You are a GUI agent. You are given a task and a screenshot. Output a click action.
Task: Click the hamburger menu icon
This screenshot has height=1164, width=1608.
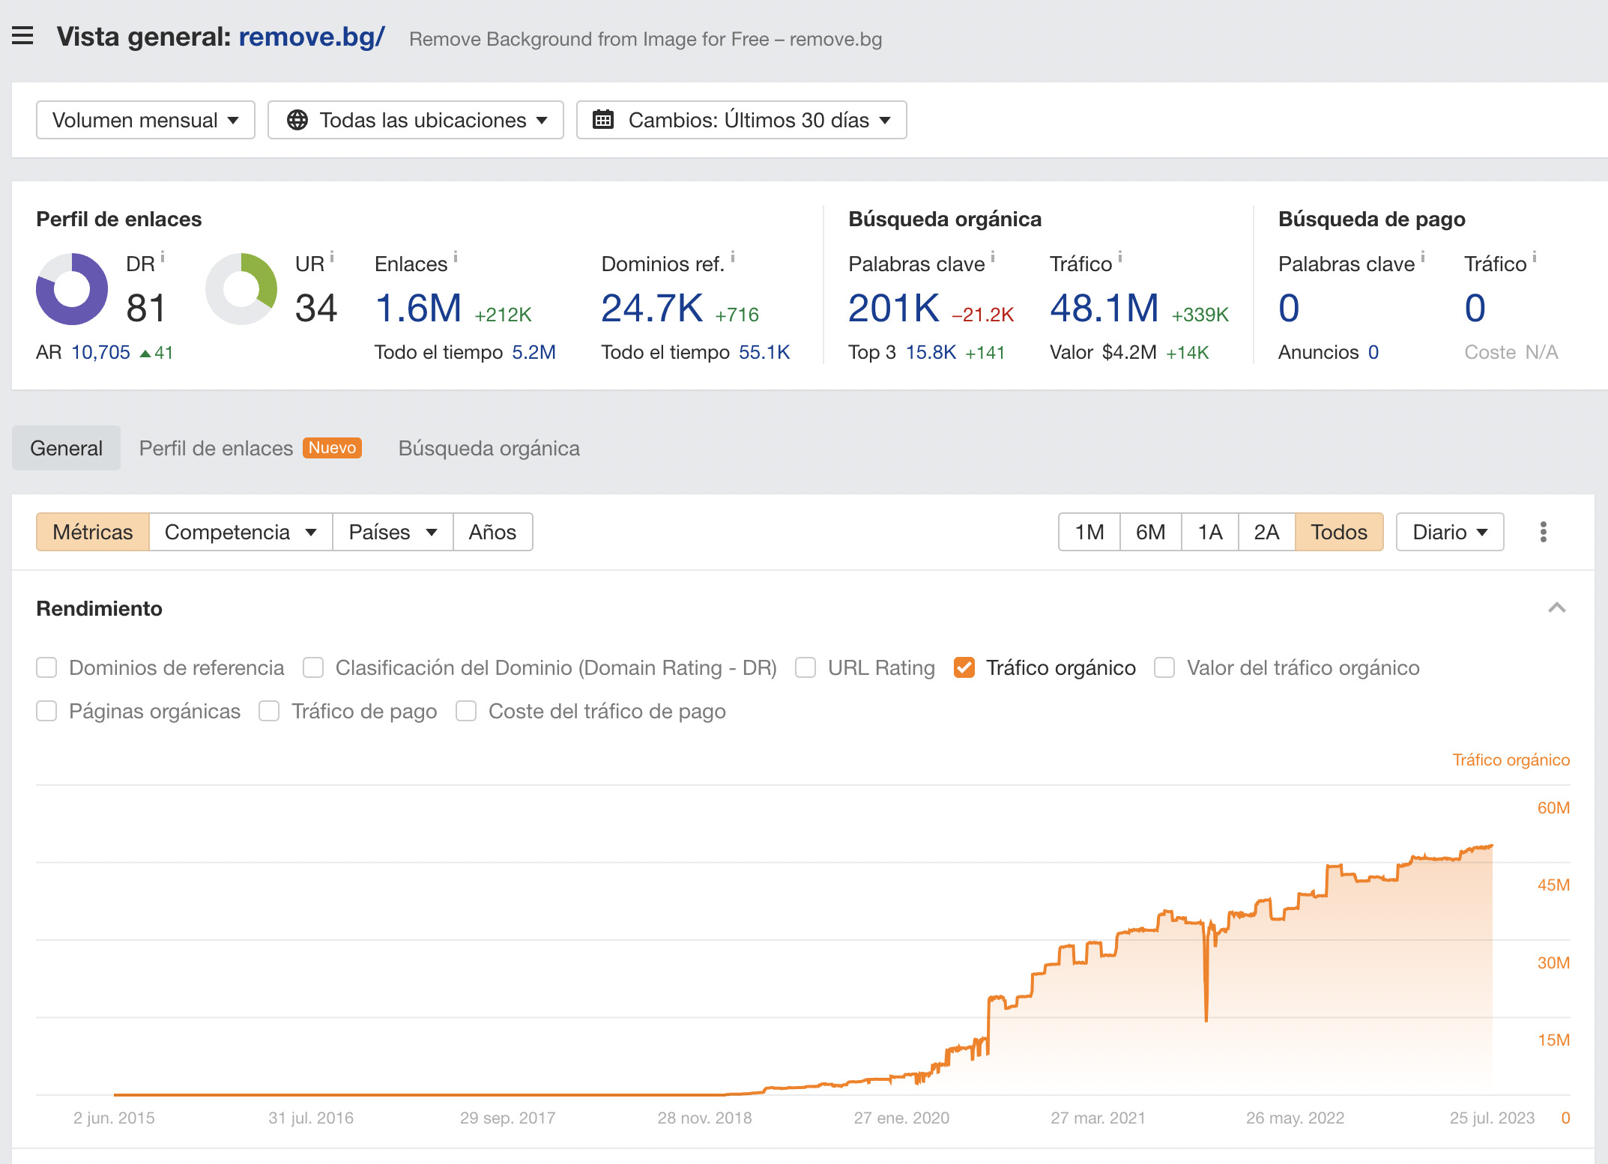22,35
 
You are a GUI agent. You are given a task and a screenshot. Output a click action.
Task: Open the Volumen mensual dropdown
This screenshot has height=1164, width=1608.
145,120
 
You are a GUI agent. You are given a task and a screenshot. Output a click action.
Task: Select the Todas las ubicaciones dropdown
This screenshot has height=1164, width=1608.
415,120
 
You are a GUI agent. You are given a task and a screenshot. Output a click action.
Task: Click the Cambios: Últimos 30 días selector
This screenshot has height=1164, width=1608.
741,120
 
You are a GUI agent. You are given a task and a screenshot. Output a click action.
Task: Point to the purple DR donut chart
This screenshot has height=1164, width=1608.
72,289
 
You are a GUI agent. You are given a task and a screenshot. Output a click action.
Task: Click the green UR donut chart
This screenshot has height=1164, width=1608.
241,289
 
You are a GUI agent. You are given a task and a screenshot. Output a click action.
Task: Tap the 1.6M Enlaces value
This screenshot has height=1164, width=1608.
418,308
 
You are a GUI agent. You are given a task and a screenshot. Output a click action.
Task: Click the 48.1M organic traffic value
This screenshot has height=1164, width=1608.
1104,308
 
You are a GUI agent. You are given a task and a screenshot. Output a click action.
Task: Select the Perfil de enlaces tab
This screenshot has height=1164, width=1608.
216,448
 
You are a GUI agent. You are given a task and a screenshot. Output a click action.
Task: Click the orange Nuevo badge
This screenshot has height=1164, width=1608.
332,448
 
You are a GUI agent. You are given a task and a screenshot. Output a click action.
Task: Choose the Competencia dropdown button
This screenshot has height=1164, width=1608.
241,532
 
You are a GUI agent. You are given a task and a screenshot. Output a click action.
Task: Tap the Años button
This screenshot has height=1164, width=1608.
492,532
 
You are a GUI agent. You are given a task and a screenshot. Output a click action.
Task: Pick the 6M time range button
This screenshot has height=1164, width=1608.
1150,532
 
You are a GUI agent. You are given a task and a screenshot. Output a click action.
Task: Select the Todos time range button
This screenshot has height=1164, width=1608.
1338,532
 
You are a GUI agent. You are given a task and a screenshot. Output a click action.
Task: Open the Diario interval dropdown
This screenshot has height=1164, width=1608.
1449,532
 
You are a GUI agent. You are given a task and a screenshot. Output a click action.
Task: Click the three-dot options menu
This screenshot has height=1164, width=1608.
1543,532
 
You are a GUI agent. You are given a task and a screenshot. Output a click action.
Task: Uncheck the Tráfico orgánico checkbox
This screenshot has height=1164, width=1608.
964,667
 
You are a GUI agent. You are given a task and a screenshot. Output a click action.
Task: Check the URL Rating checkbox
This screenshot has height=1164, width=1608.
805,667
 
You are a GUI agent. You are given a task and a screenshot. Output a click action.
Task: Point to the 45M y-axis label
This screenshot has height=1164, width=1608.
1553,885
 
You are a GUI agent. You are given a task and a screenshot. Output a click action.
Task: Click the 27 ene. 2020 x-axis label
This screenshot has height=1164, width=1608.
901,1118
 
